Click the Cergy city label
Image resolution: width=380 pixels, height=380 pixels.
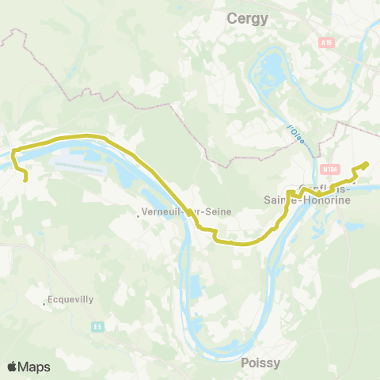pos(248,17)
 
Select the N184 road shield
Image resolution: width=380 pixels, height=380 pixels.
pos(330,168)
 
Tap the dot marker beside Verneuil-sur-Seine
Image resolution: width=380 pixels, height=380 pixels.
pos(139,212)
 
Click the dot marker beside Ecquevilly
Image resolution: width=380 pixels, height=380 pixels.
pos(44,302)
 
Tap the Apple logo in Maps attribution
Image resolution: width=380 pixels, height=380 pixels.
pos(13,367)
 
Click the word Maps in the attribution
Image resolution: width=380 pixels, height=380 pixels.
pos(35,367)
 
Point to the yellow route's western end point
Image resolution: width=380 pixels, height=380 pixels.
pos(26,180)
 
